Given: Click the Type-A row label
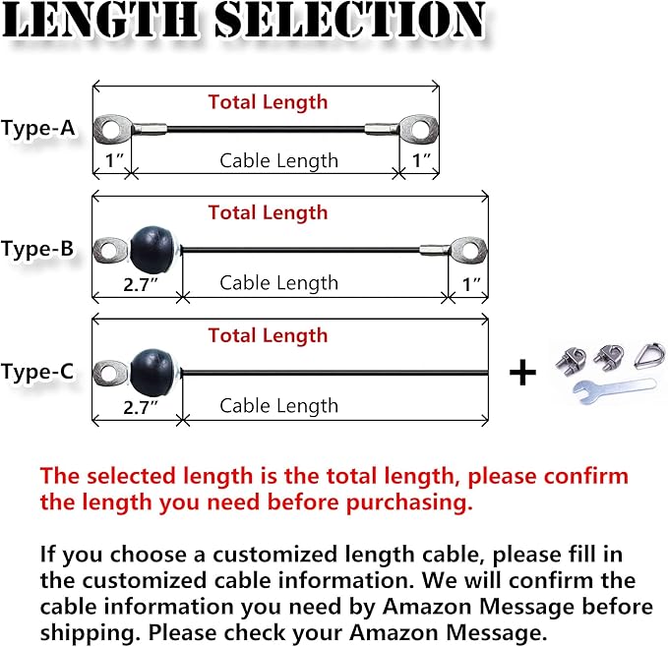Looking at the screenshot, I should pos(37,128).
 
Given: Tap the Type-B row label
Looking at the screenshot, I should pos(37,250).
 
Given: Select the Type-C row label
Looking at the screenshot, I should pos(37,372).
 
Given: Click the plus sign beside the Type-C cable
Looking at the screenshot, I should pos(522,373).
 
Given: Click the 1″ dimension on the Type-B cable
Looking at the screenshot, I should pos(471,283).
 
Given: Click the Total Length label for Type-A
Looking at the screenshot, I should pos(268,102).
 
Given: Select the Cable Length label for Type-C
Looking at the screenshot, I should pos(278,405).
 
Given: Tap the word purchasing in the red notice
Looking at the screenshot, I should pos(408,502).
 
